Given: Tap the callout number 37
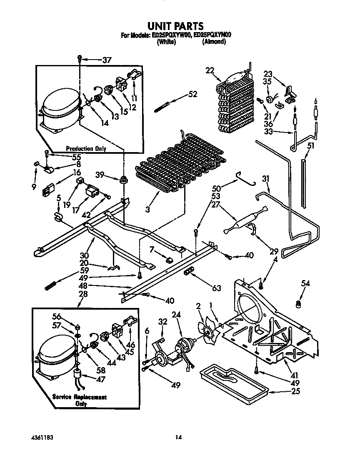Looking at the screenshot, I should pyautogui.click(x=107, y=60).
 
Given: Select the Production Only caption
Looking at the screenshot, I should pyautogui.click(x=86, y=149).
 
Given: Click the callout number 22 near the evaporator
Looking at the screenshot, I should pyautogui.click(x=209, y=70).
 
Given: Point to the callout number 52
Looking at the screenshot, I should pyautogui.click(x=192, y=95).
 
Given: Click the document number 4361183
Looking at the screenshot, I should pyautogui.click(x=42, y=438).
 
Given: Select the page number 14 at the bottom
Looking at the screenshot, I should pyautogui.click(x=178, y=438).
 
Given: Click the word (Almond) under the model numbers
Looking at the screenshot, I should pyautogui.click(x=214, y=42).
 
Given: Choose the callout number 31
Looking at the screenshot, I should pyautogui.click(x=266, y=179).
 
